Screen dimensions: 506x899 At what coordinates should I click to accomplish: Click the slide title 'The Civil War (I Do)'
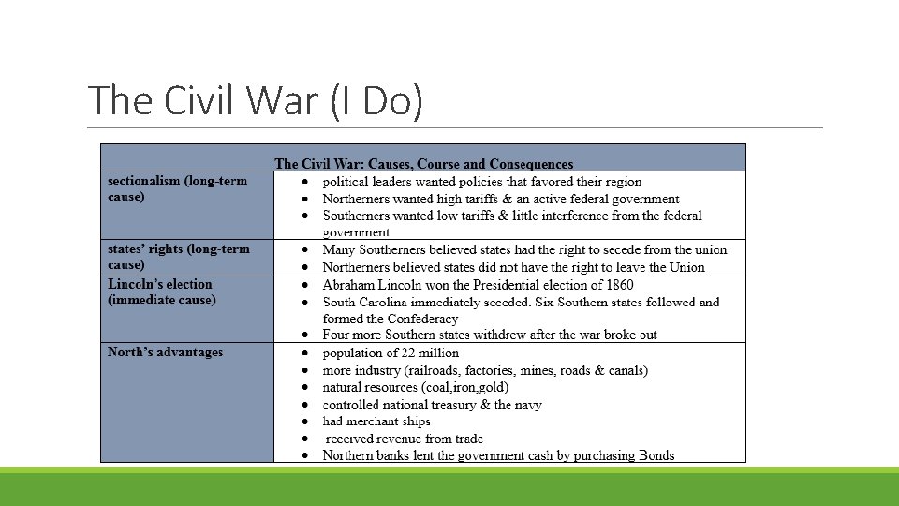click(x=255, y=100)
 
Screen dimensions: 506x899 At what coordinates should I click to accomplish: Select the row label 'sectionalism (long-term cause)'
click(x=177, y=188)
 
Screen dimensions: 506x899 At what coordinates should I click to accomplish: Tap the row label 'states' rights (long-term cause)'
click(x=179, y=257)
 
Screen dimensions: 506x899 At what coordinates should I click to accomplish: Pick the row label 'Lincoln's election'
click(x=160, y=284)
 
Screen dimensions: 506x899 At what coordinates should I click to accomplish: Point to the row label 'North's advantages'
click(x=166, y=352)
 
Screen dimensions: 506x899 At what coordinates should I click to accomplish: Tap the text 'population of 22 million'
click(x=391, y=353)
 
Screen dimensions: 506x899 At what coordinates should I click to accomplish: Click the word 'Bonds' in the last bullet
click(x=656, y=455)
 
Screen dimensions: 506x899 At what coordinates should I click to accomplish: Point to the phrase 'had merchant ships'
click(x=376, y=422)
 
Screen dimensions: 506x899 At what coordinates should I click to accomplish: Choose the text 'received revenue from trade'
click(x=405, y=439)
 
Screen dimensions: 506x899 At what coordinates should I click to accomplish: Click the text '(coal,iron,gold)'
click(x=468, y=387)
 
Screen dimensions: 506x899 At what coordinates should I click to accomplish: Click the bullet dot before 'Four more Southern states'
click(x=306, y=335)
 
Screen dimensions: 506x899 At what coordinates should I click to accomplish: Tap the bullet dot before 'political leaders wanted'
click(x=306, y=182)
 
